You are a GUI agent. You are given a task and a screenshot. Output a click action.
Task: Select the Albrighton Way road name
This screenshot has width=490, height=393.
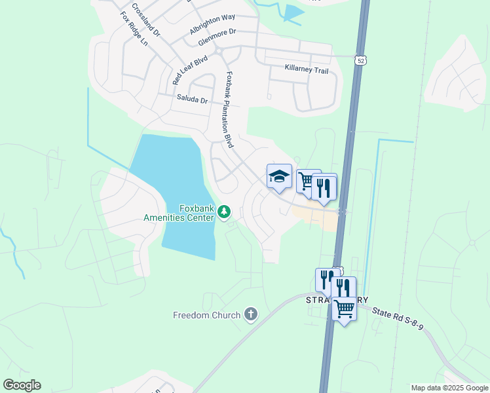coord(212,25)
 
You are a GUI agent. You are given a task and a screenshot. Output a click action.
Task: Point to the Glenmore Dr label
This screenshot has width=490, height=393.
coord(217,37)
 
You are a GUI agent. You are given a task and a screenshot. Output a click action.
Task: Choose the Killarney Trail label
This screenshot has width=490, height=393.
coord(306,69)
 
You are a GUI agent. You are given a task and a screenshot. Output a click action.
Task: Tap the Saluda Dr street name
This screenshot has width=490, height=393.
coord(192,100)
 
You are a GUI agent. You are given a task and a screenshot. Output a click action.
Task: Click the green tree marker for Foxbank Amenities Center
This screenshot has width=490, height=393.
coord(224,211)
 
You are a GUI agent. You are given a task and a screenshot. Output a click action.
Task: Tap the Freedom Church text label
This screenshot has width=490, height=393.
coord(206,315)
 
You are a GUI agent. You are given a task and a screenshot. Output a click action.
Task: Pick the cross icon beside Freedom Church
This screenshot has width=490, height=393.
coord(250,315)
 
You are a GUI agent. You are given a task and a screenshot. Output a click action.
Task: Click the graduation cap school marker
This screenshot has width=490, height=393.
coord(279,176)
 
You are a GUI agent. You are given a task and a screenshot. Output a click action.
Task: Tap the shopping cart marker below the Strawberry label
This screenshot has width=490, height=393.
coord(345,308)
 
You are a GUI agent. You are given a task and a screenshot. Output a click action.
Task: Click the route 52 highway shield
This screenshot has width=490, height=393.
coord(361,60)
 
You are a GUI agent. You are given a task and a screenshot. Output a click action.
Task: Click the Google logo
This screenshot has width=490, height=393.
coord(22,384)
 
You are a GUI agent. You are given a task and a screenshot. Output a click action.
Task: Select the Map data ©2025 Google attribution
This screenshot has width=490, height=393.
coord(449,388)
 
